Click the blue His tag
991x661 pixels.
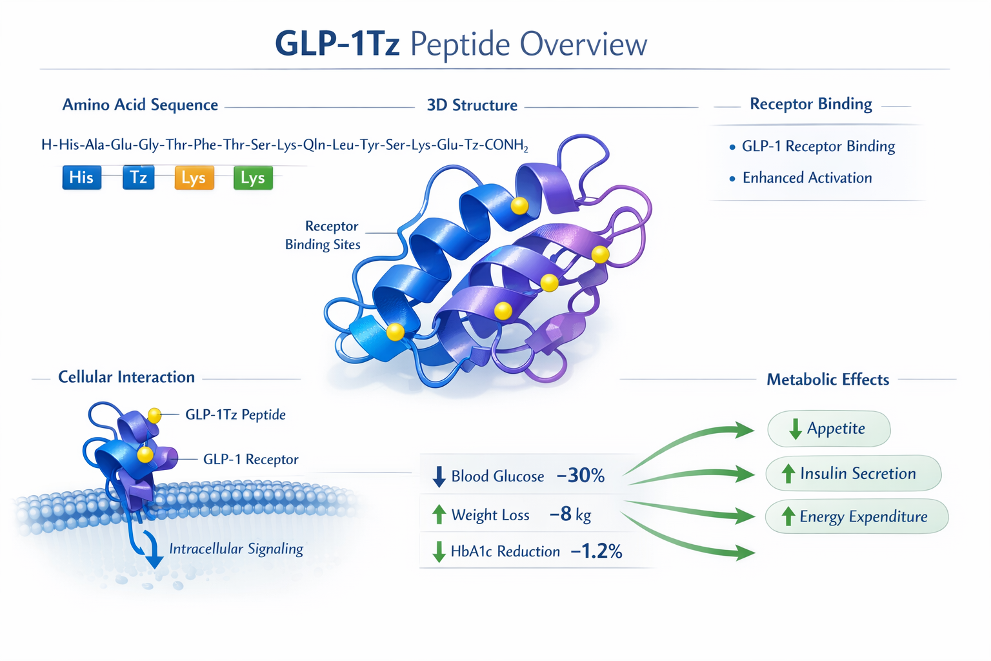[x=82, y=178]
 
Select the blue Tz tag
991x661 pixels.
[x=139, y=178]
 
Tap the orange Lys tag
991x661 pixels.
[x=194, y=178]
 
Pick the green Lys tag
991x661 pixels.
[x=253, y=178]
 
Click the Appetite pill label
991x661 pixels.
[x=829, y=429]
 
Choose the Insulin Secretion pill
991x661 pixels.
[x=853, y=473]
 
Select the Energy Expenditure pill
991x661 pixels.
[x=857, y=516]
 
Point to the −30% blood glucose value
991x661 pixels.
[x=580, y=476]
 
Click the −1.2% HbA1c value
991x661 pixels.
[x=596, y=551]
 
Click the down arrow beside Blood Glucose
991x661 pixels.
[x=439, y=476]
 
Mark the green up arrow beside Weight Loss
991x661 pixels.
[x=439, y=514]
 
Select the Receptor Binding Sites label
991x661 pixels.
[x=323, y=235]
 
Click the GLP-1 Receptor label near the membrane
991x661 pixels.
[x=250, y=460]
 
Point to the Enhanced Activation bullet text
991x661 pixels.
[x=807, y=178]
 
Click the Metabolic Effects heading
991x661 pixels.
[x=828, y=380]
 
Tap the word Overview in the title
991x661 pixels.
[x=583, y=45]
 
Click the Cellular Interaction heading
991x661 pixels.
[x=126, y=377]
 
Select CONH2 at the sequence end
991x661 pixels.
[x=506, y=145]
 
